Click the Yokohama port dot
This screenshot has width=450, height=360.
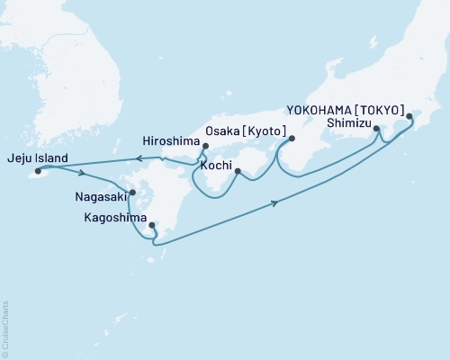(x=410, y=116)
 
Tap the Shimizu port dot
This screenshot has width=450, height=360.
(x=376, y=130)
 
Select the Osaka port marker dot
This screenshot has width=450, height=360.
(x=290, y=138)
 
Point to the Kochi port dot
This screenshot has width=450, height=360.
(x=238, y=170)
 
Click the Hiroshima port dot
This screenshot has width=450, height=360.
(x=205, y=146)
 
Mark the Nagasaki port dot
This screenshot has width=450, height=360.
(x=132, y=192)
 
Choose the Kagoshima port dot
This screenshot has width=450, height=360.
(x=151, y=226)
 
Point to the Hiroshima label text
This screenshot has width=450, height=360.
(x=171, y=141)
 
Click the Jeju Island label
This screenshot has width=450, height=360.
(x=34, y=156)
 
